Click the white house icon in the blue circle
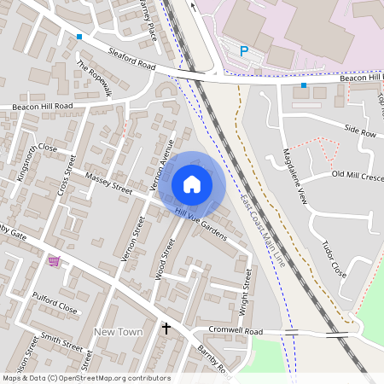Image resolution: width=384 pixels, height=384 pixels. (x=192, y=183)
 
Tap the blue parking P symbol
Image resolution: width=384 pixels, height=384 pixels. (x=243, y=51)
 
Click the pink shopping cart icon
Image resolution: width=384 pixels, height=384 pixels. (x=55, y=260)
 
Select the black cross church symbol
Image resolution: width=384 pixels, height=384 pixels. (x=166, y=327)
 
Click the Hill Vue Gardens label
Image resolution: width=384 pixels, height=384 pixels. (x=200, y=225)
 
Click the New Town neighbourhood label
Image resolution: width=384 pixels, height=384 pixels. (x=118, y=331)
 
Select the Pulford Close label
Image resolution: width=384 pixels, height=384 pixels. (x=55, y=308)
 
